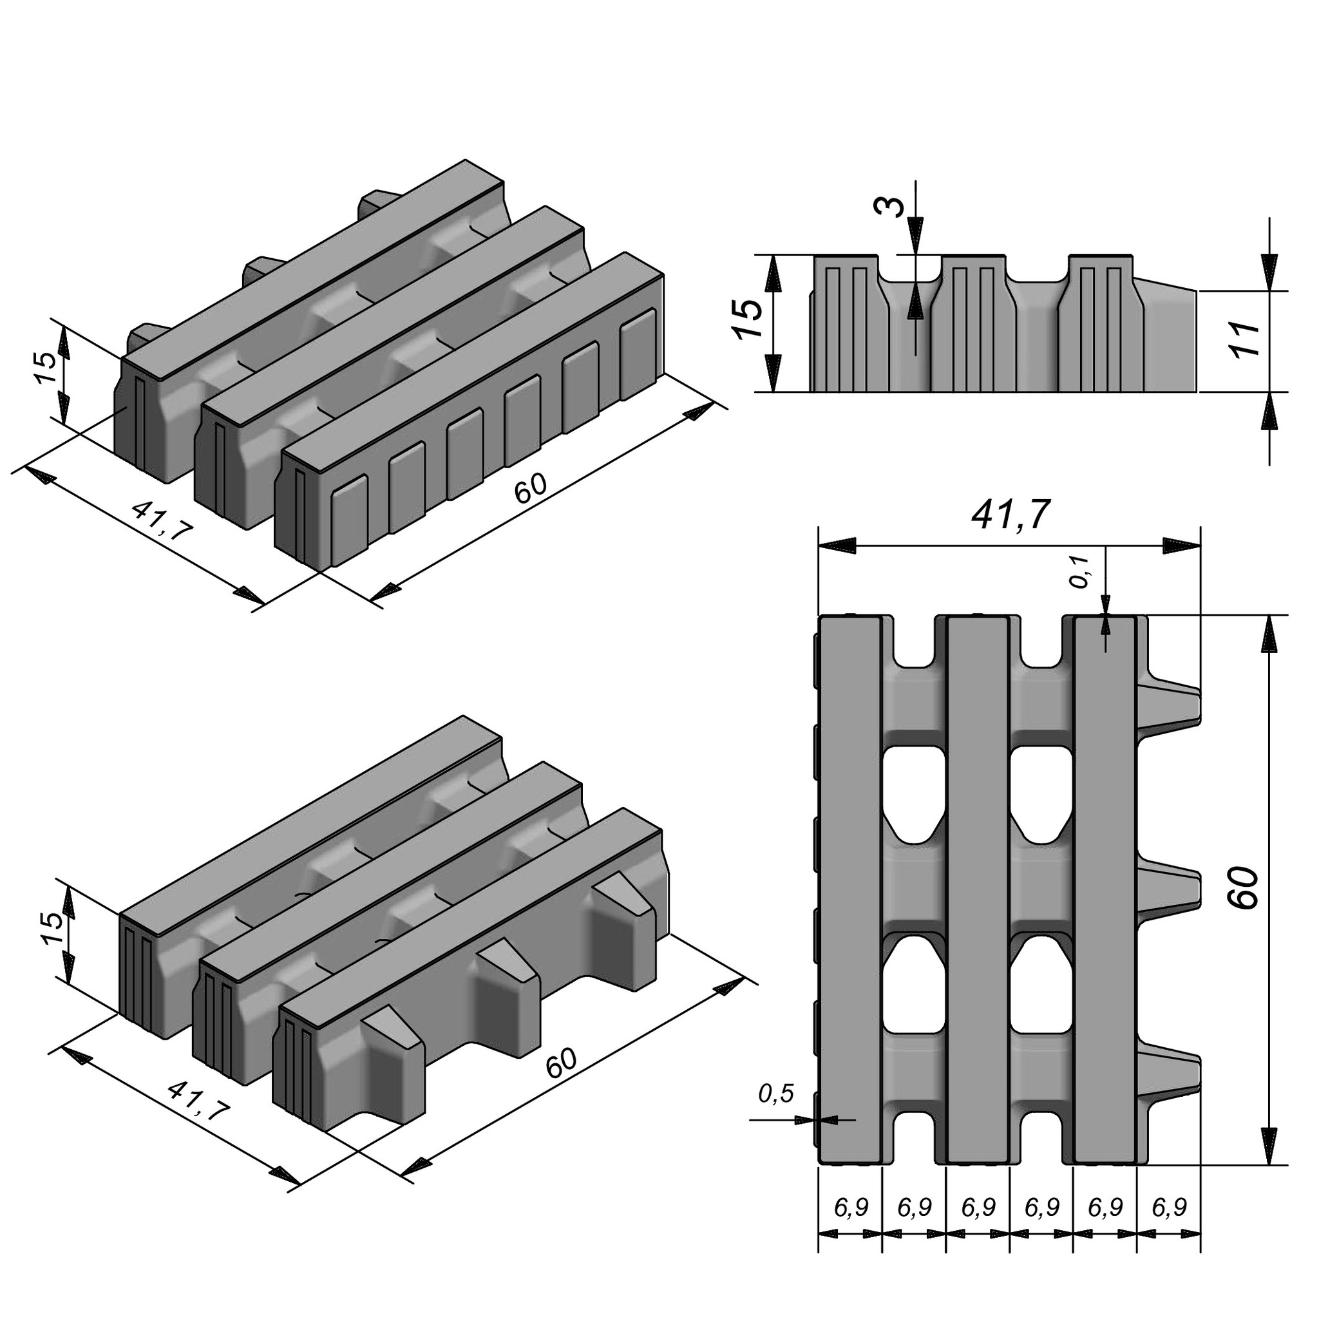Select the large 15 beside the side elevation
(749, 318)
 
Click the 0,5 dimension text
(776, 1094)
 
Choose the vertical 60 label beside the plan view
(1246, 887)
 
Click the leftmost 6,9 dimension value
(851, 1208)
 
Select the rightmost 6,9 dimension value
(1169, 1208)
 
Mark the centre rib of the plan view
(978, 887)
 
